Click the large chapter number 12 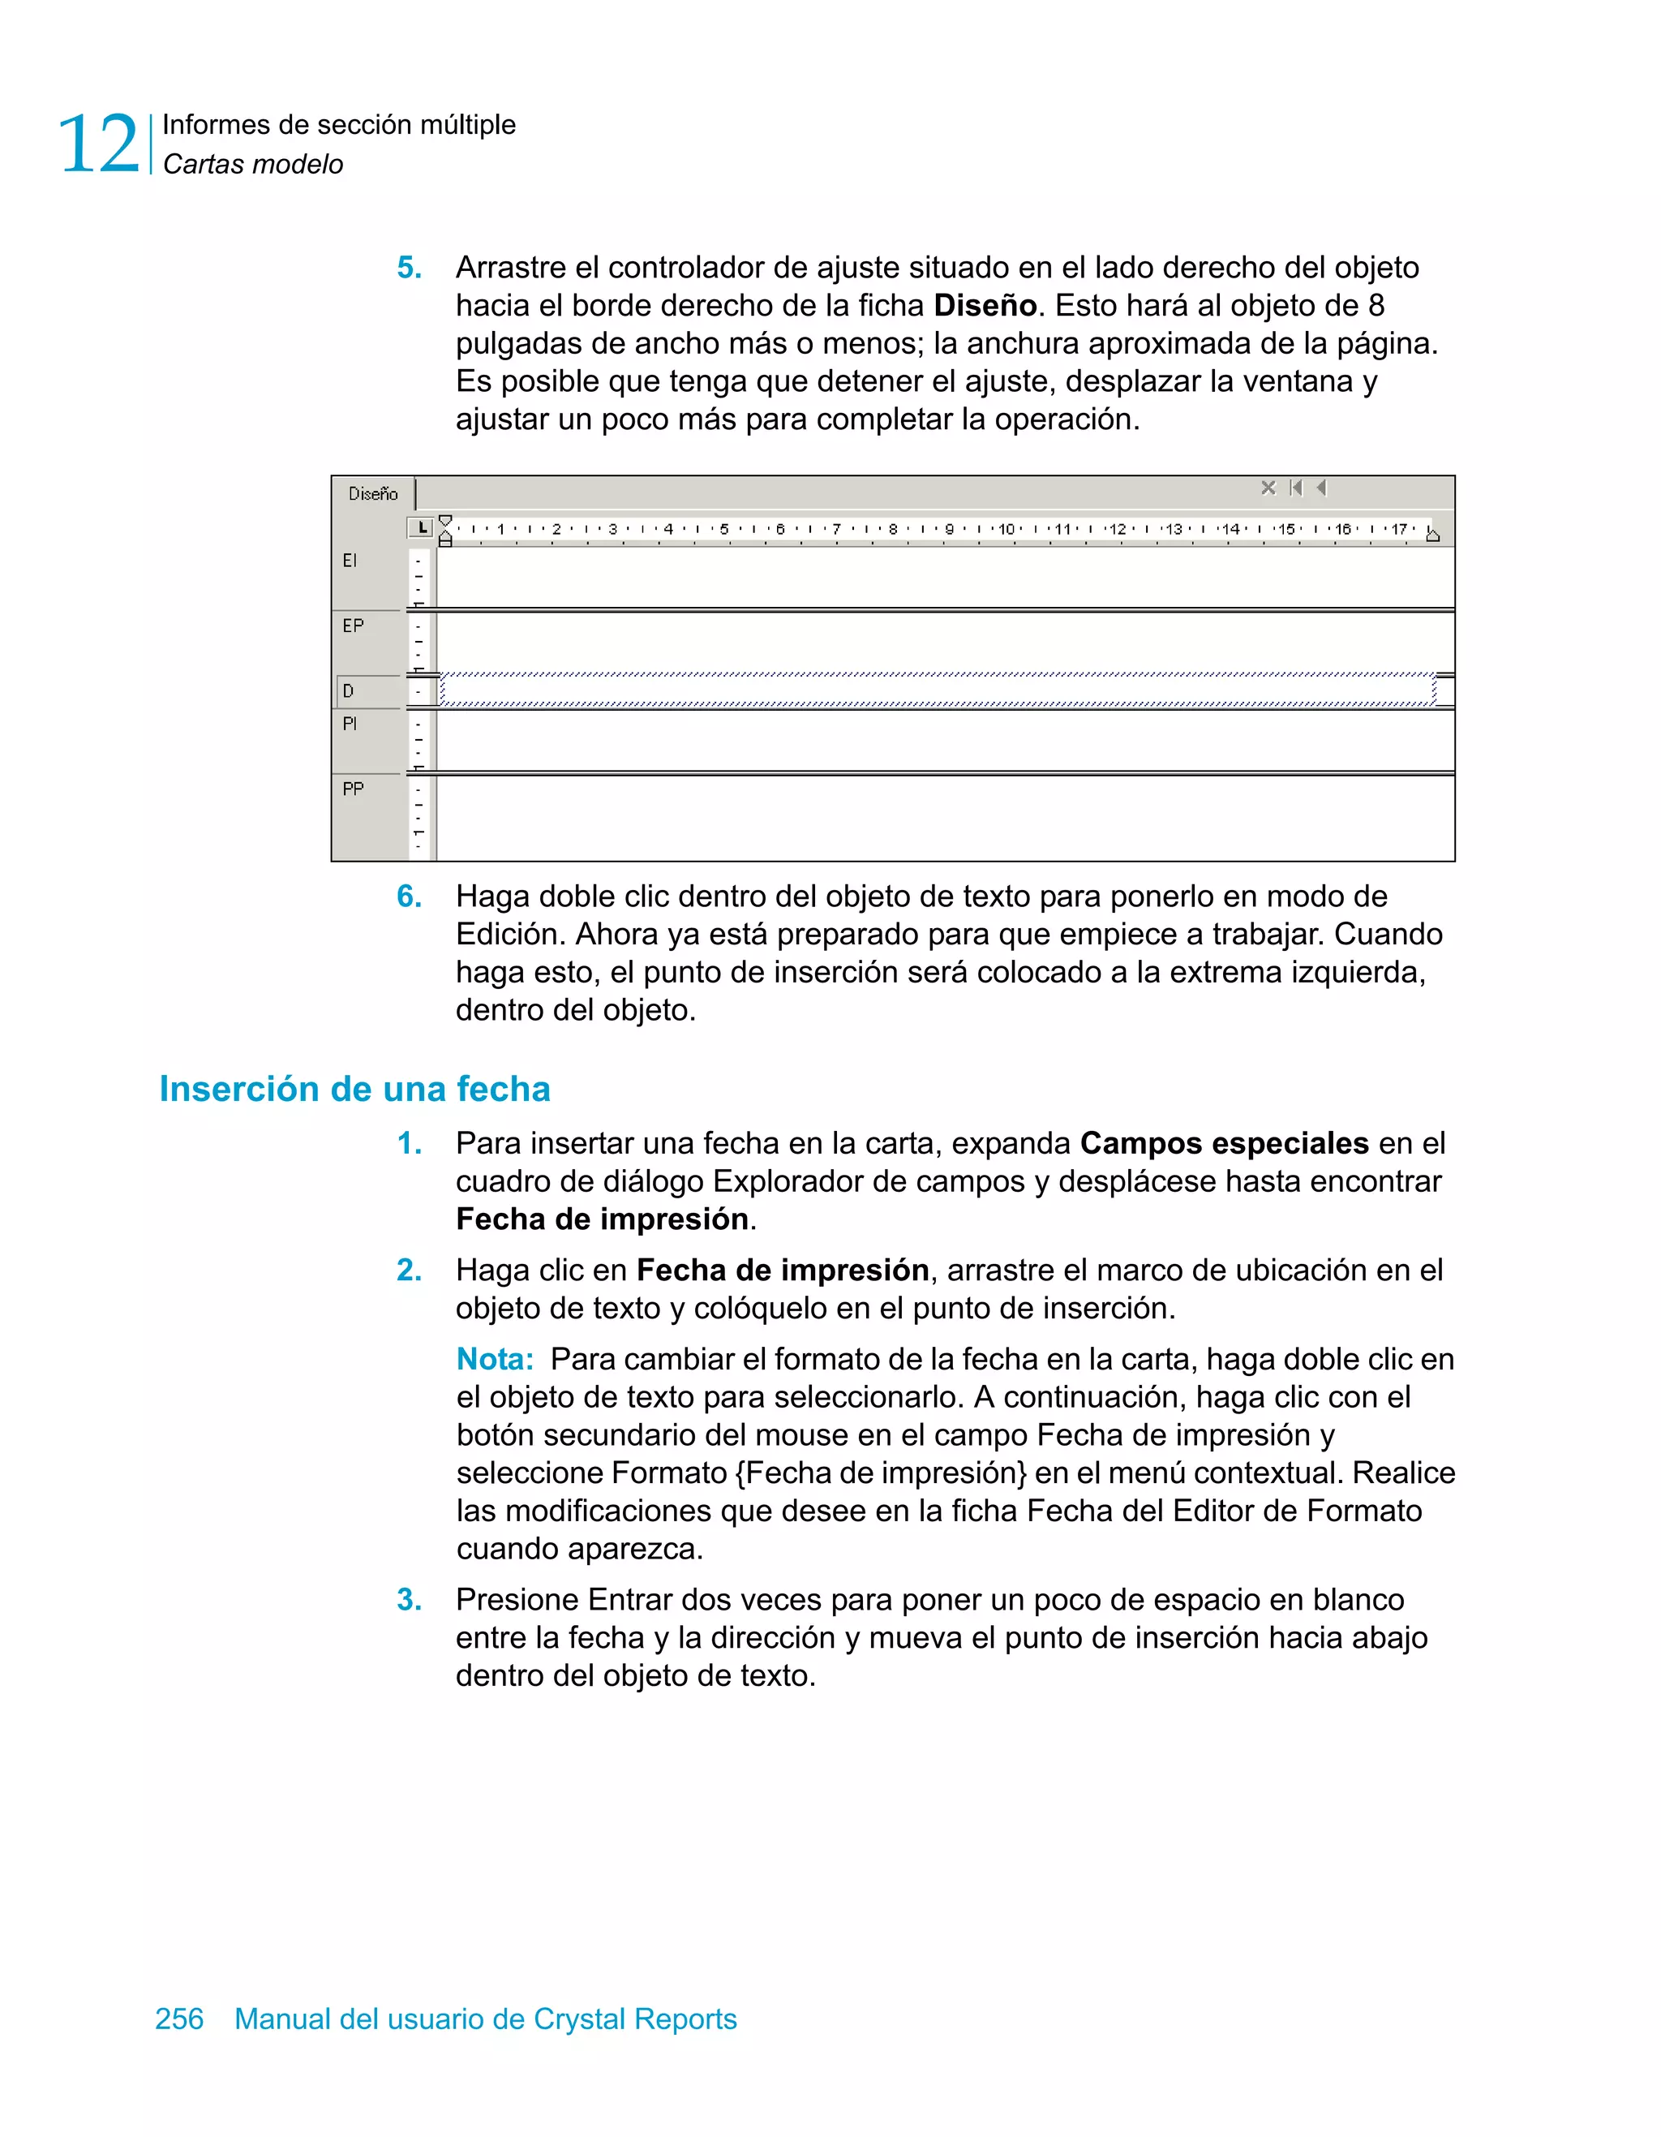coord(99,144)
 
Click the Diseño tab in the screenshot coord(373,494)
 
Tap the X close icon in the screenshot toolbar coord(1268,488)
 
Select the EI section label coord(350,561)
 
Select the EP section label coord(352,626)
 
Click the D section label coord(348,690)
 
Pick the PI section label coord(350,724)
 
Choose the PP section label coord(352,789)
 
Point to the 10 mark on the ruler coord(1006,529)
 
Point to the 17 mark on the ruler coord(1399,529)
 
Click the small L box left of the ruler coord(421,528)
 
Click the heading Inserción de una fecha coord(354,1089)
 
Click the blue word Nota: coord(495,1359)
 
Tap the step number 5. coord(409,268)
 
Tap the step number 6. coord(409,897)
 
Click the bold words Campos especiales coord(1224,1143)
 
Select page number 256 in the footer coord(179,2019)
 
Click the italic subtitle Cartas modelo coord(252,165)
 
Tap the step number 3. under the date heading coord(409,1600)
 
